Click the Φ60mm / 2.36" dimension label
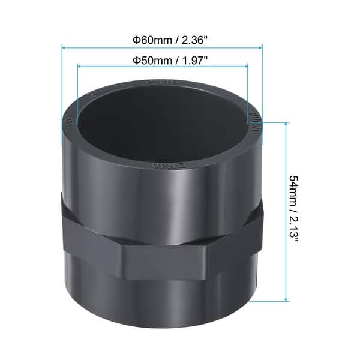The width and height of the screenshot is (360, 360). click(x=163, y=41)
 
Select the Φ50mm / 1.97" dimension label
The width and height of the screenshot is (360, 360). click(x=163, y=61)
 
